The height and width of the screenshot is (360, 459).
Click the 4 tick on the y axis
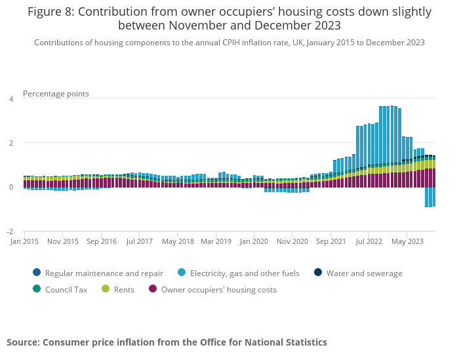10,99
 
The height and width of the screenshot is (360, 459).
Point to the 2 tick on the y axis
10,143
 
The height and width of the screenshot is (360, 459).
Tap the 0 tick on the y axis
10,187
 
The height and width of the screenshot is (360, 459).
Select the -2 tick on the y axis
9,231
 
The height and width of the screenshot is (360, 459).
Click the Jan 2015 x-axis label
24,241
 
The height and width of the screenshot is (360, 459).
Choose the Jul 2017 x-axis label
139,241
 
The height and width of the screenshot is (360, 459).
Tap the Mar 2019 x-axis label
216,241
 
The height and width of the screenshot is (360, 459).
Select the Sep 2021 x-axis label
330,241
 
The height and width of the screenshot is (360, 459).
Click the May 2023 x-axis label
407,241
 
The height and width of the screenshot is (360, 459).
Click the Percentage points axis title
56,94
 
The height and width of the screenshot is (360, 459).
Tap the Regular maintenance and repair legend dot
36,273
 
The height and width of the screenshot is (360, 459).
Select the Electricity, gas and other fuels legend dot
181,273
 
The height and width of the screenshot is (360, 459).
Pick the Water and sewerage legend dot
317,273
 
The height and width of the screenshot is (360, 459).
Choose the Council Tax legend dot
36,289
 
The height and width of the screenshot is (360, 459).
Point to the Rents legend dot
106,289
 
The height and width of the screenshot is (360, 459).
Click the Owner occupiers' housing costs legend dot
153,289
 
